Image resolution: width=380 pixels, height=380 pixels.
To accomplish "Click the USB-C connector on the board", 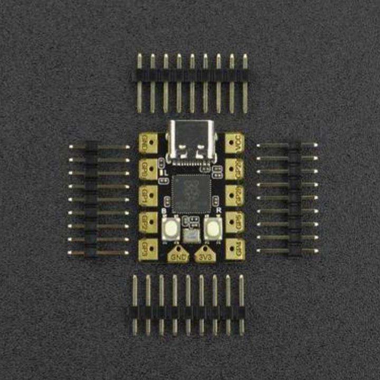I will pyautogui.click(x=191, y=140).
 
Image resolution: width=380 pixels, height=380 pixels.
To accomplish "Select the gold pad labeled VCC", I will pyautogui.click(x=234, y=143).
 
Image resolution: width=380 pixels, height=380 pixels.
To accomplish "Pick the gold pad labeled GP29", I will pyautogui.click(x=234, y=169).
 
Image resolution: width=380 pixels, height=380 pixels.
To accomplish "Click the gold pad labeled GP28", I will pyautogui.click(x=234, y=195).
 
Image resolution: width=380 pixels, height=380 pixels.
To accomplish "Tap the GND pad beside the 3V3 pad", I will pyautogui.click(x=178, y=256).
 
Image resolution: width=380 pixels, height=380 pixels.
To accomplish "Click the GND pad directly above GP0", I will pyautogui.click(x=148, y=143).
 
